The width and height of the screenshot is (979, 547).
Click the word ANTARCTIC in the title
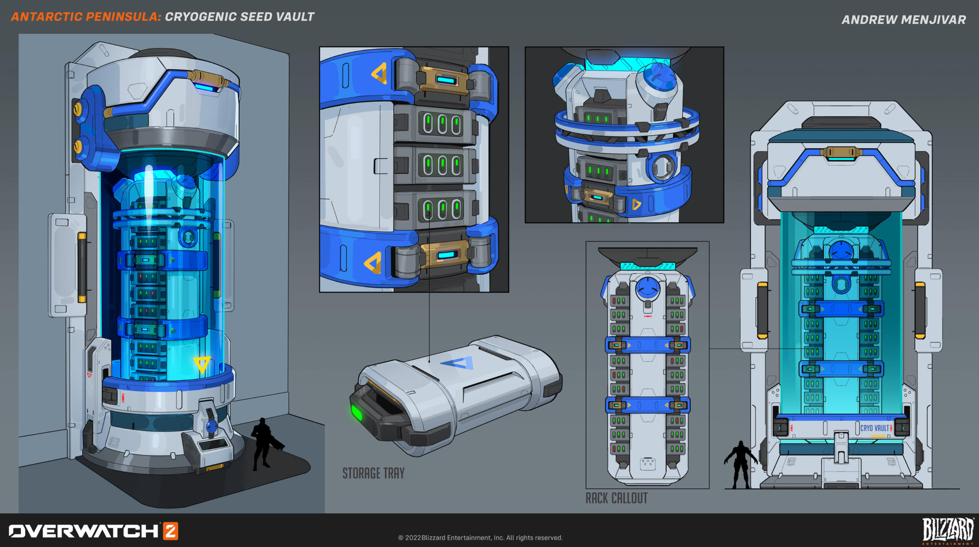[x=47, y=17]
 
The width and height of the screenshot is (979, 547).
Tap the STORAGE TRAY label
[x=373, y=473]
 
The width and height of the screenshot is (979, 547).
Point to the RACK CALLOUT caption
[x=616, y=498]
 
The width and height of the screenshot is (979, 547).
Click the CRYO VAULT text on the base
[x=875, y=428]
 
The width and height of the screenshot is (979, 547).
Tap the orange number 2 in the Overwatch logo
[x=171, y=531]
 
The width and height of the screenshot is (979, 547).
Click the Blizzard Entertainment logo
[x=948, y=531]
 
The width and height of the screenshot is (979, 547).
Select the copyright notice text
[x=480, y=537]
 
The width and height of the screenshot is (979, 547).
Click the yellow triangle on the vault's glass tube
[x=202, y=364]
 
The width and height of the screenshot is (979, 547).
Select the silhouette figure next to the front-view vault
[x=740, y=464]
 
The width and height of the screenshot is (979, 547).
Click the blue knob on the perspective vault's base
[x=211, y=425]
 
